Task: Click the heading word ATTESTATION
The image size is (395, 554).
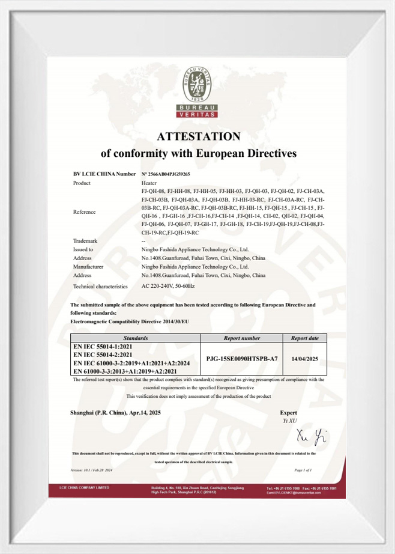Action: pos(197,136)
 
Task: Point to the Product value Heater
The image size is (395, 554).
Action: pos(149,182)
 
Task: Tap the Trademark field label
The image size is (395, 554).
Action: pos(85,240)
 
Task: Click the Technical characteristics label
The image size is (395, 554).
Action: pos(100,287)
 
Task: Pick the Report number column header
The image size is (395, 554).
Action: pos(241,338)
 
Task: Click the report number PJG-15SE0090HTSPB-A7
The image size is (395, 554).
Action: pos(241,358)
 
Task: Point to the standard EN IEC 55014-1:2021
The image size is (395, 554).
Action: pos(98,347)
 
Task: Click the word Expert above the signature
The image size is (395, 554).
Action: pos(289,413)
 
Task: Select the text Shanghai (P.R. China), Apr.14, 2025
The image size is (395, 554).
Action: pos(116,413)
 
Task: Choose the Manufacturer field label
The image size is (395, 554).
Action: pos(89,266)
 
